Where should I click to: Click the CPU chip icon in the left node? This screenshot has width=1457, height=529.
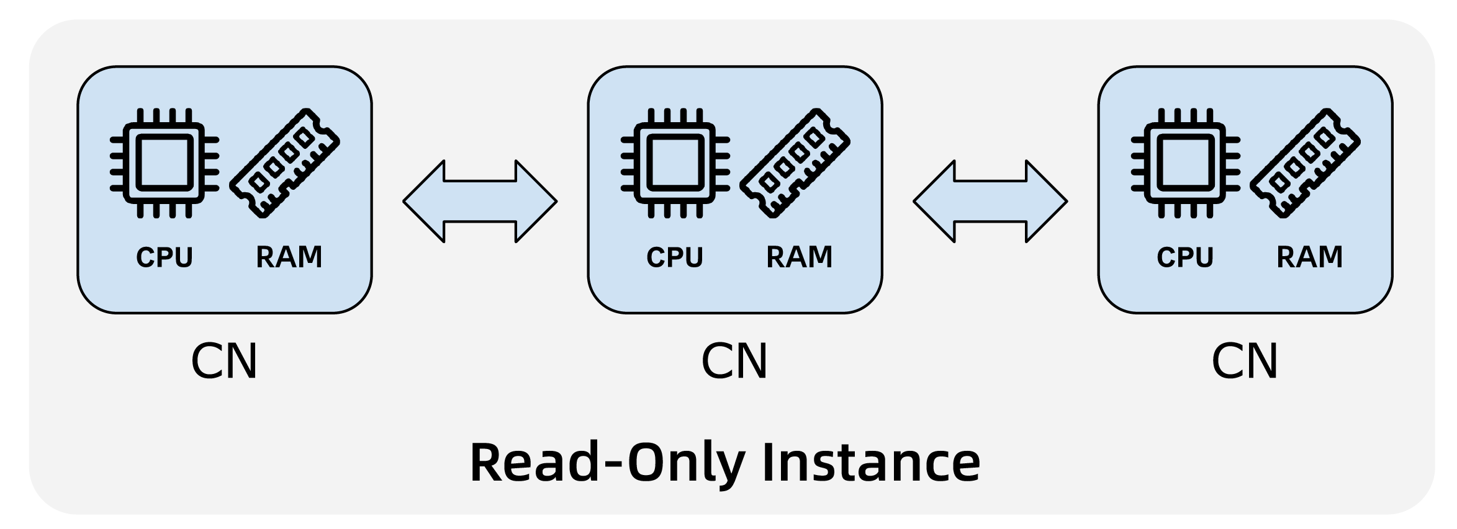pyautogui.click(x=165, y=163)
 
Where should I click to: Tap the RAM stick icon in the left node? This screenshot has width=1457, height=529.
pyautogui.click(x=285, y=162)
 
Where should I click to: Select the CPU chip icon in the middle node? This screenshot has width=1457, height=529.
pyautogui.click(x=675, y=163)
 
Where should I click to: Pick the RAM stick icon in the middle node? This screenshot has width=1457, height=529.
pyautogui.click(x=795, y=162)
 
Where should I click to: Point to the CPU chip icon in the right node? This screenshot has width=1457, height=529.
pyautogui.click(x=1185, y=163)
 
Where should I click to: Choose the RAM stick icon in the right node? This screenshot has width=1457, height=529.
pyautogui.click(x=1306, y=162)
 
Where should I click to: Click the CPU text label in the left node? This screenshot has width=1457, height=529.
pyautogui.click(x=165, y=257)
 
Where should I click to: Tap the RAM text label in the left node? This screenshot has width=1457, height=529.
pyautogui.click(x=289, y=257)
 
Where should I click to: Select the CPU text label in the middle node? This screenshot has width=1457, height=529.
pyautogui.click(x=675, y=257)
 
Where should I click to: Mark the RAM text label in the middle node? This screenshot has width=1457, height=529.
pyautogui.click(x=800, y=257)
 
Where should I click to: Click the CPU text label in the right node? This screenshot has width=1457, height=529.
pyautogui.click(x=1185, y=257)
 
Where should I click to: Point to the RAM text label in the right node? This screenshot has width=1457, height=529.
pyautogui.click(x=1310, y=257)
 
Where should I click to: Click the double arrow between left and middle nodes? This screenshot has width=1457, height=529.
pyautogui.click(x=480, y=202)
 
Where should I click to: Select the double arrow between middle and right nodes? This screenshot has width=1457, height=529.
pyautogui.click(x=990, y=202)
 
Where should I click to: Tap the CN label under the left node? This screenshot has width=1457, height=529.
pyautogui.click(x=224, y=361)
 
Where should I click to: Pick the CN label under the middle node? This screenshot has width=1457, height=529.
pyautogui.click(x=734, y=361)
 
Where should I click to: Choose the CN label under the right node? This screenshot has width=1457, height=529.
pyautogui.click(x=1245, y=361)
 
